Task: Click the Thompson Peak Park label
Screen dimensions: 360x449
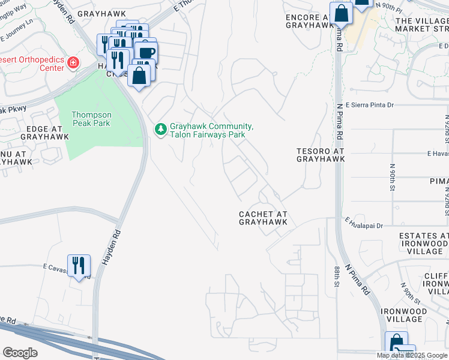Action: (91, 119)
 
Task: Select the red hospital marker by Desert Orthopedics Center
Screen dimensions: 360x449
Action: (73, 63)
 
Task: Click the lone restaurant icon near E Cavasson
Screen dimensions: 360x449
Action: (79, 265)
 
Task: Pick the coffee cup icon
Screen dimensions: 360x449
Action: (146, 53)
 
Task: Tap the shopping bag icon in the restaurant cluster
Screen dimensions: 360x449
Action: (139, 76)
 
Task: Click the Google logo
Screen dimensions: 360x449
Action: (20, 353)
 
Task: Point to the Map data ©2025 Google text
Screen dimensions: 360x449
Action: (412, 355)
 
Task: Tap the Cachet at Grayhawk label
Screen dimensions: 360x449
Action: (263, 218)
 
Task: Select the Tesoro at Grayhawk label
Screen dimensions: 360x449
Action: (321, 155)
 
